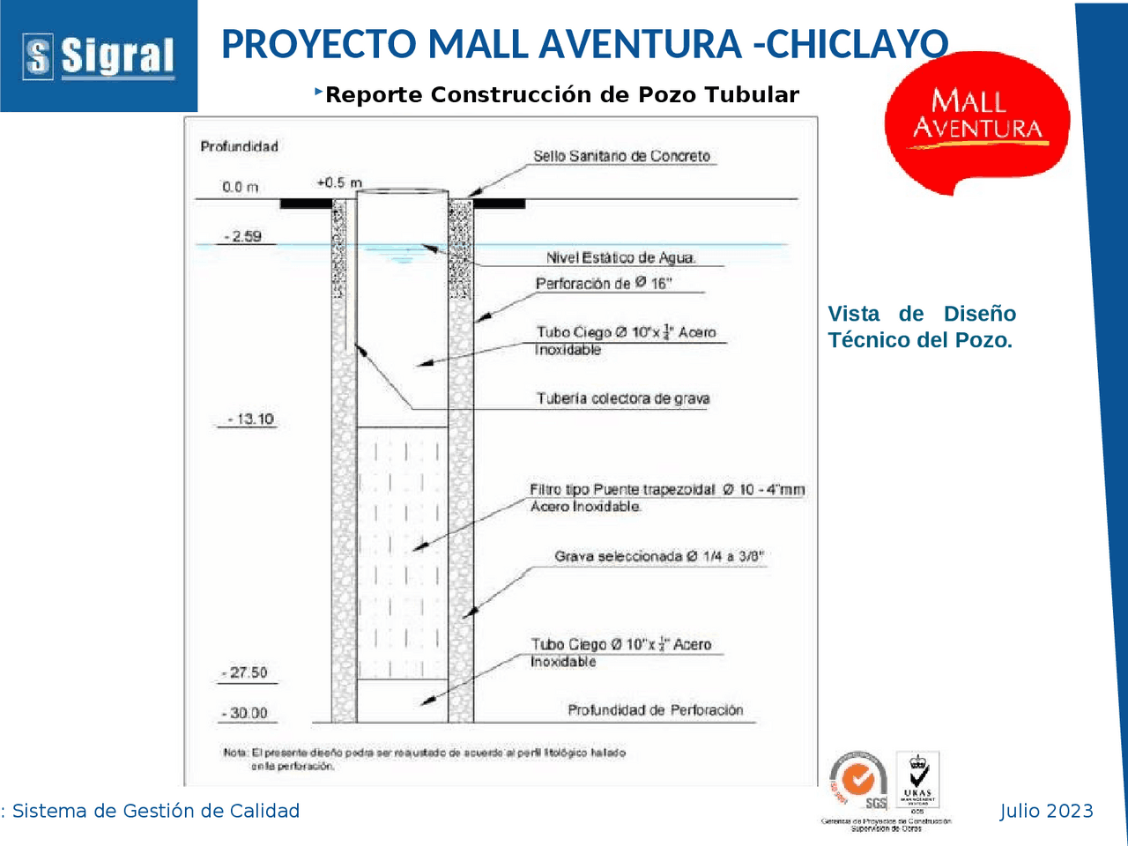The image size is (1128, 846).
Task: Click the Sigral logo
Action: (x=99, y=56)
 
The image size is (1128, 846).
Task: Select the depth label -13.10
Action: (x=250, y=419)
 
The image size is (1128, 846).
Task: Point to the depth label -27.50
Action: (x=247, y=672)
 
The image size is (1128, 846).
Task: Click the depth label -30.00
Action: (x=247, y=713)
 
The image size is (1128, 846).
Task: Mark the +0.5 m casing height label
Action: (x=338, y=182)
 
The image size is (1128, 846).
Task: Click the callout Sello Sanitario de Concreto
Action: (x=621, y=156)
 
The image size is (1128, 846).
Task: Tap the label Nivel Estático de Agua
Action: (x=620, y=257)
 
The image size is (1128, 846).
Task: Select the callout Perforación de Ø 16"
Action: (x=604, y=283)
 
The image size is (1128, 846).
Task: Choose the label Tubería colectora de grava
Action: (x=623, y=398)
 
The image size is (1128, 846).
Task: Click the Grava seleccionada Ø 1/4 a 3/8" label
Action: (x=659, y=556)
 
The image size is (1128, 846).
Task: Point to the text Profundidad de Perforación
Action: (x=655, y=709)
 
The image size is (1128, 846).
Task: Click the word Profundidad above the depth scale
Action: (x=239, y=146)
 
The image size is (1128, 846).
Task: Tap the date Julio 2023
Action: (x=1046, y=811)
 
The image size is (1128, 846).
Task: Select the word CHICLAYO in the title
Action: (x=857, y=44)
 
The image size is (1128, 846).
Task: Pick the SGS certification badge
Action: (x=858, y=781)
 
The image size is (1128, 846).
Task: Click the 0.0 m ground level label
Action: (x=240, y=187)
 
